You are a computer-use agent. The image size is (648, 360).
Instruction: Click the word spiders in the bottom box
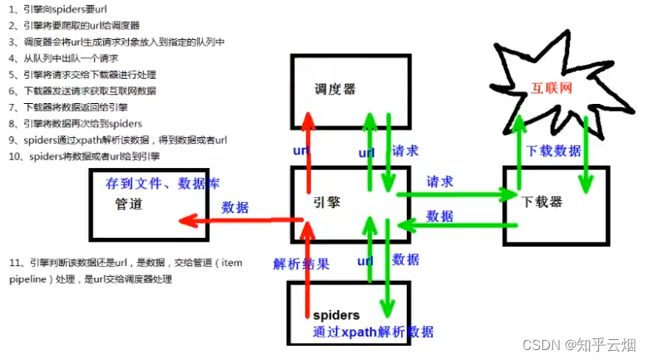point(336,315)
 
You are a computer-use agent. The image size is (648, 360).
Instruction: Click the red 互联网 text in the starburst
point(552,86)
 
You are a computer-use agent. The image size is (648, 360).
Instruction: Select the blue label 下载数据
point(554,151)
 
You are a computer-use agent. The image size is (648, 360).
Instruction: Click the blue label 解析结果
point(300,264)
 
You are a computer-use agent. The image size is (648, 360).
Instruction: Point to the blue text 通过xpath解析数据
point(373,332)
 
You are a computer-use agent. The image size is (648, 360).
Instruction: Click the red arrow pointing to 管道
point(241,220)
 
